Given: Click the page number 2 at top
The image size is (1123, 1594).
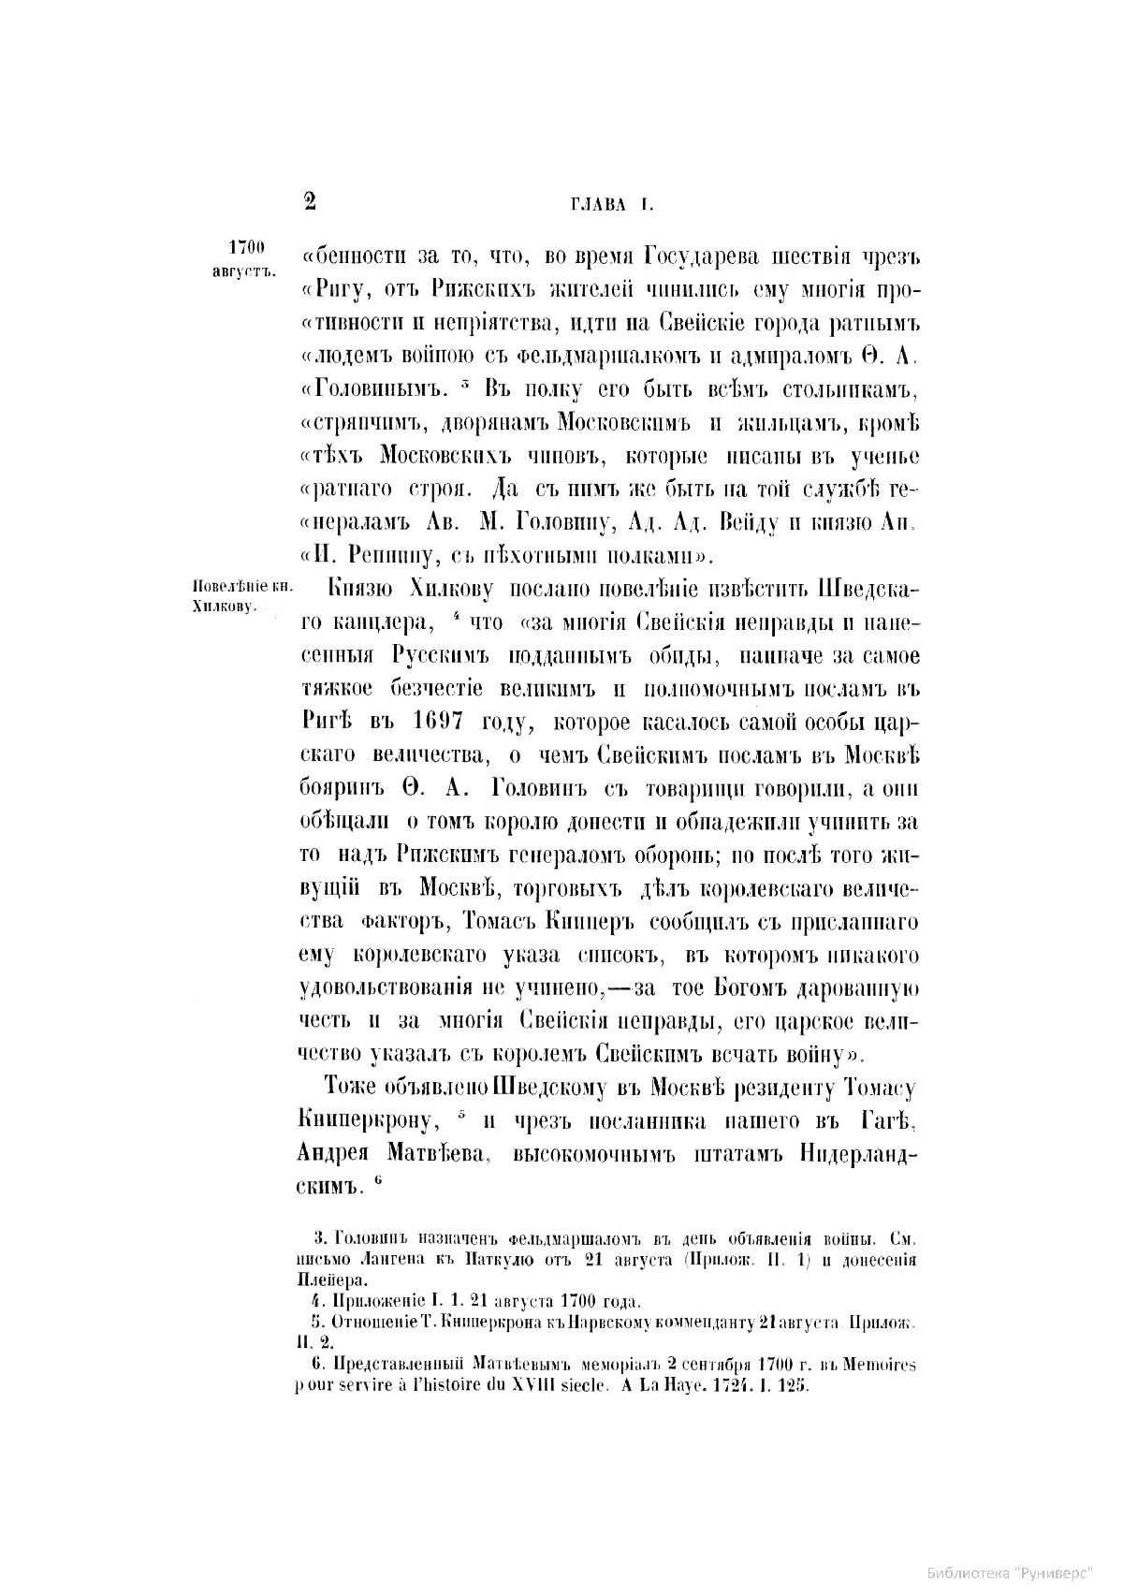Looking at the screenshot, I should [311, 201].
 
